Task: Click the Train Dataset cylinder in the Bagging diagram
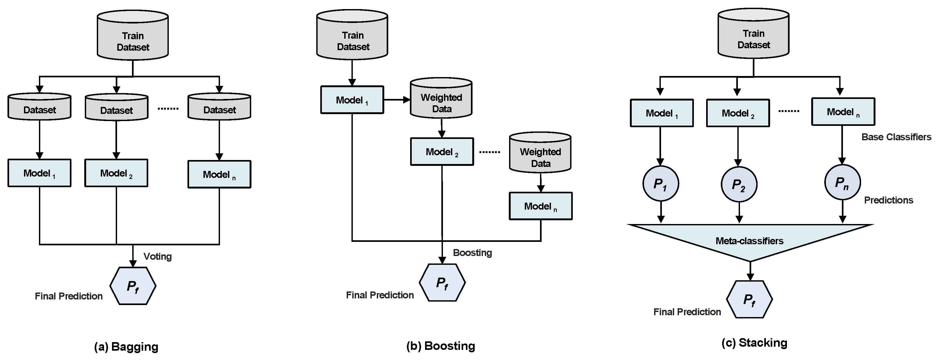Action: pos(133,36)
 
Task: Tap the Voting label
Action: pos(157,257)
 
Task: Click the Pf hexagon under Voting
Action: pos(133,286)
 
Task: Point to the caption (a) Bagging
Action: pos(126,347)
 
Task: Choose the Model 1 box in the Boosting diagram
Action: pos(352,100)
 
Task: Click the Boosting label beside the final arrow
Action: pos(472,253)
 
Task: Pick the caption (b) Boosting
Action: pos(440,346)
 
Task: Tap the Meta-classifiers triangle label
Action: pos(749,241)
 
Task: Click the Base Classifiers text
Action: pos(896,137)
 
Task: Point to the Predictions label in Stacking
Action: pos(889,200)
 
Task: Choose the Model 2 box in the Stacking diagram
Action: pos(738,113)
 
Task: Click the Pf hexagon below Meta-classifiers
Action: pos(749,300)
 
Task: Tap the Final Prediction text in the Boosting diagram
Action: pos(380,295)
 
